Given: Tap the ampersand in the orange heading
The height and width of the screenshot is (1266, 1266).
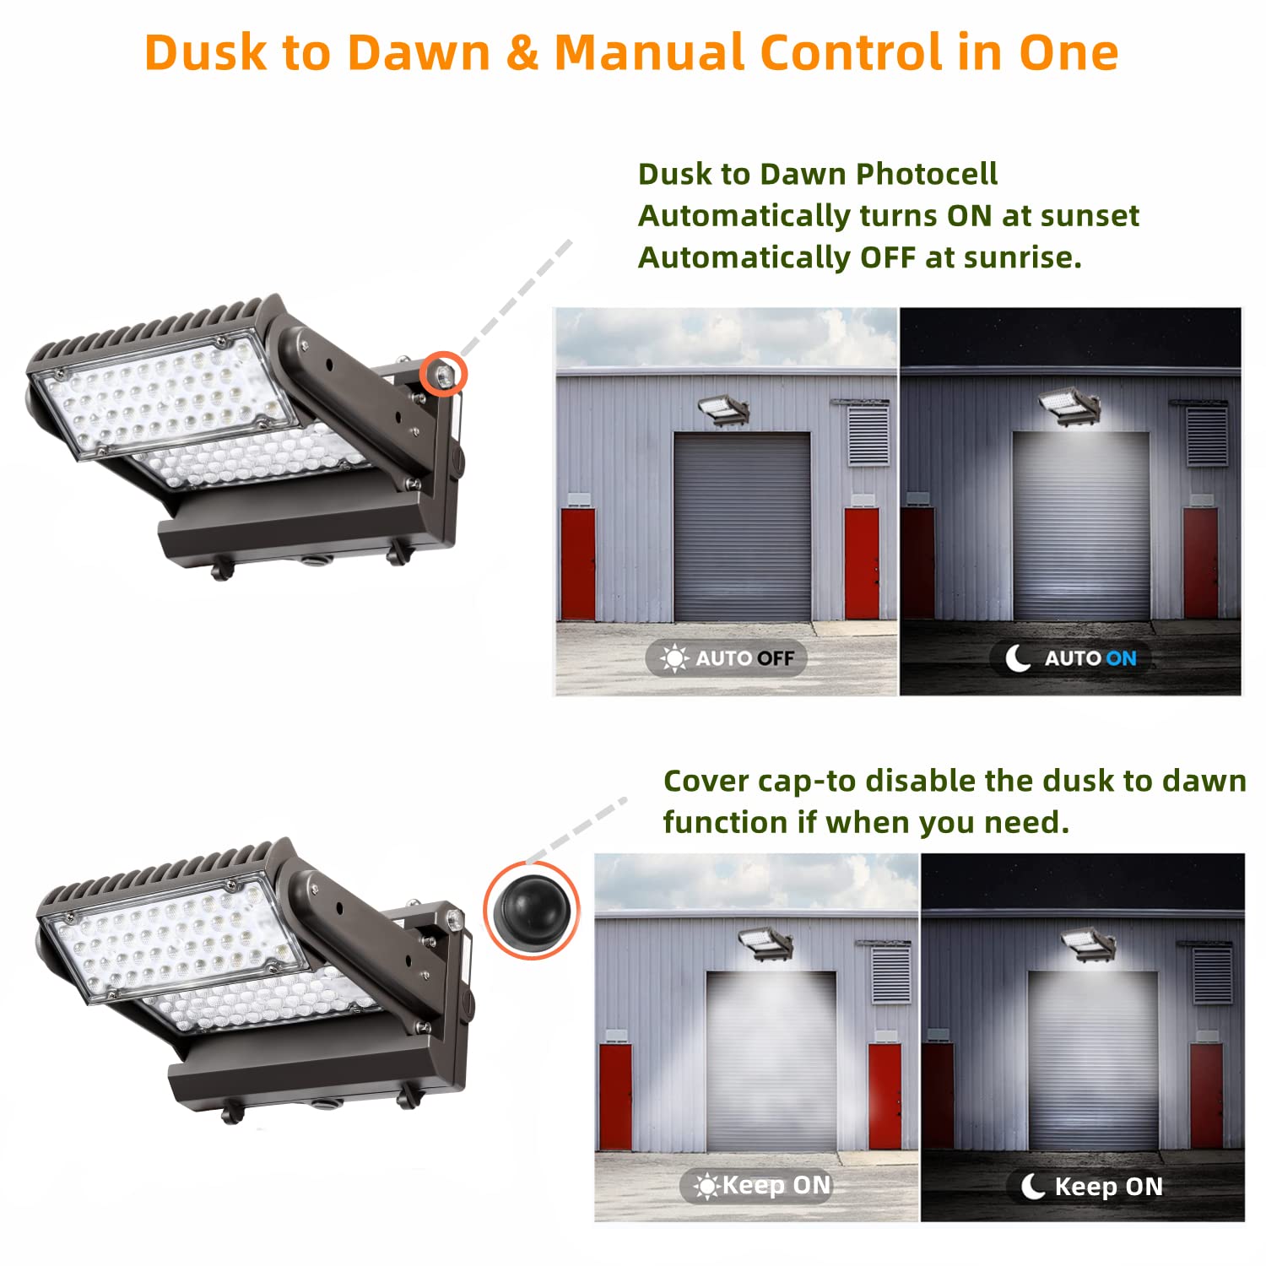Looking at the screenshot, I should [x=523, y=52].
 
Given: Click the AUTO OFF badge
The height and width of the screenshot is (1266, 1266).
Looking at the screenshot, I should [x=727, y=657].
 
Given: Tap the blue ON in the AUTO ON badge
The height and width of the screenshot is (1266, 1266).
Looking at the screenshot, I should [x=1121, y=658].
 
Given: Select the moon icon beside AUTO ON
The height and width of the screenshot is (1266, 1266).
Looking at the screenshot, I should [x=1018, y=657].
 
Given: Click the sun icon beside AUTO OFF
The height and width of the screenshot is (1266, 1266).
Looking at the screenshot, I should [x=674, y=657].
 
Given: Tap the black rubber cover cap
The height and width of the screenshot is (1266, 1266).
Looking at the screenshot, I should [x=531, y=910].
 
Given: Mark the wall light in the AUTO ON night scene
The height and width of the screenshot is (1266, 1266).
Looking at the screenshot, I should [x=1070, y=405].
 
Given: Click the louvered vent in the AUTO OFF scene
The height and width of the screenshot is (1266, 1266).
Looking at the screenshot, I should [x=868, y=434].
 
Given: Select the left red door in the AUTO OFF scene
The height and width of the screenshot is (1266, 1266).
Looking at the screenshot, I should [x=577, y=563].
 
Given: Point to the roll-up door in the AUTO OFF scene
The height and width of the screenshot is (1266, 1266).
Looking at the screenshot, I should [x=742, y=527].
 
